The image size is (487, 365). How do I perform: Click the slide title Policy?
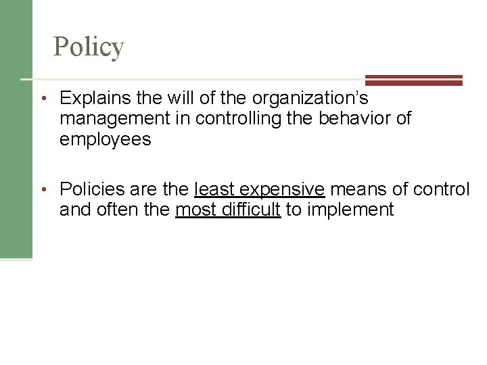[x=89, y=47]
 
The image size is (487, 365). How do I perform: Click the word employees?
[x=104, y=142]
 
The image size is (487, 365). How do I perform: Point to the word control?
[x=442, y=189]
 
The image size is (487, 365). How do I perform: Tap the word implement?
[x=350, y=210]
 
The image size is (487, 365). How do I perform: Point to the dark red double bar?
[x=413, y=80]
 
